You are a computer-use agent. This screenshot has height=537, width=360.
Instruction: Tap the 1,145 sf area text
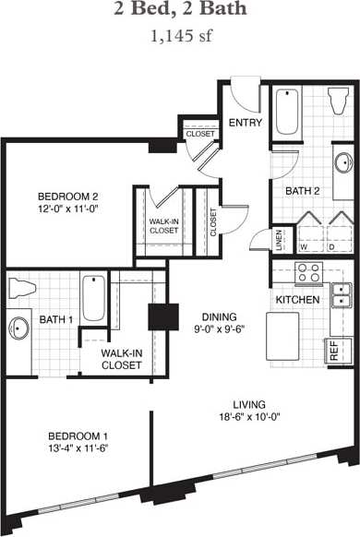click(180, 38)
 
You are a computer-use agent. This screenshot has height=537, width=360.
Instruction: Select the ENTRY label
click(245, 123)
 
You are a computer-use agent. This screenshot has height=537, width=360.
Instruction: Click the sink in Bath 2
click(342, 164)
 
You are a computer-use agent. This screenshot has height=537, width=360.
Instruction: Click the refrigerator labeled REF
click(333, 352)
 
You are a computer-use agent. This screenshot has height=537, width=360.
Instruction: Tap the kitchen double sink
click(341, 294)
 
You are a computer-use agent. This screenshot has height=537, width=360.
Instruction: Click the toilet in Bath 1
click(21, 288)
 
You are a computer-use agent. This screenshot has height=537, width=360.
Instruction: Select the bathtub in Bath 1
click(93, 297)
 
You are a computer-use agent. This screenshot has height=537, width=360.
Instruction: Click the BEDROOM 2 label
click(67, 196)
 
